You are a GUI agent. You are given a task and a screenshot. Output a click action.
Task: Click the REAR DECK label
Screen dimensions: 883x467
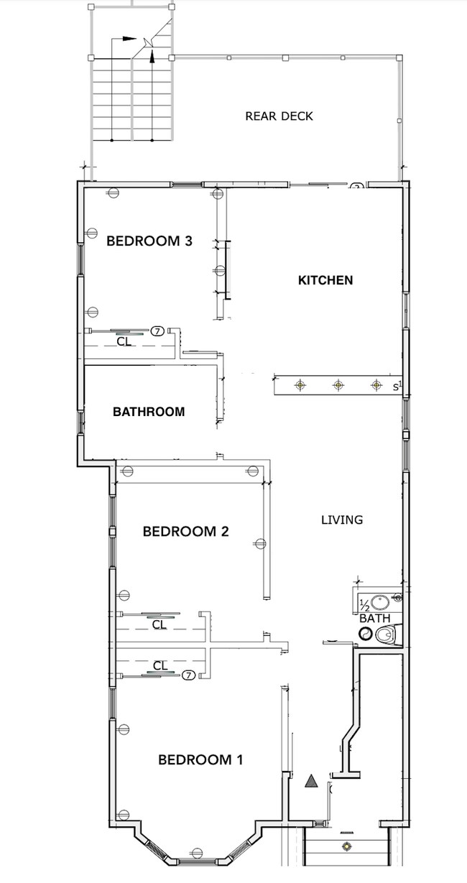pos(279,116)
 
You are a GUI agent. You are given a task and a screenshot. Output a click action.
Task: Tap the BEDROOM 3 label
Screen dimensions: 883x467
pos(149,241)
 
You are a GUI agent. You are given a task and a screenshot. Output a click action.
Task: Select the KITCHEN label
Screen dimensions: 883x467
pos(325,280)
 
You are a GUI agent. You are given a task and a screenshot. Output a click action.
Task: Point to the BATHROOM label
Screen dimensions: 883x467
pos(149,412)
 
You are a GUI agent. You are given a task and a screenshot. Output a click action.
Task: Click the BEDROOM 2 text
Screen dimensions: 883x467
pos(185,532)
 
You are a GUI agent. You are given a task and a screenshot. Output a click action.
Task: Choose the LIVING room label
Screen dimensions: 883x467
pos(342,519)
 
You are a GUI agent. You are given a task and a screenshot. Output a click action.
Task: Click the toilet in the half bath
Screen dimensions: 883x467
pos(386,634)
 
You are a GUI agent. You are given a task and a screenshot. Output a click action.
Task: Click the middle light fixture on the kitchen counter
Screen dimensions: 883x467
pos(338,386)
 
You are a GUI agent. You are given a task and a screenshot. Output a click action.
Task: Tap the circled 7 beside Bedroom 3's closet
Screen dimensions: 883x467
pos(158,330)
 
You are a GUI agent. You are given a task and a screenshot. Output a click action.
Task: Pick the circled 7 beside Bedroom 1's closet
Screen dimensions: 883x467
pos(188,675)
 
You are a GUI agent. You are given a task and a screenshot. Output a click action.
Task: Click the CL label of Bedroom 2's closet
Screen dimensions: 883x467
pos(159,625)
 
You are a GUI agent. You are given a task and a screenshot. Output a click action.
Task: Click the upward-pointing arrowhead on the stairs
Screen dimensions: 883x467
pos(152,56)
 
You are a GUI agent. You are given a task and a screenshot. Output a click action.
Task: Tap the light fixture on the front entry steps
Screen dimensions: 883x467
pos(348,846)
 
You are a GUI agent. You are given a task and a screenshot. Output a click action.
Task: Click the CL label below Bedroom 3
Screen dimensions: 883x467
pos(124,342)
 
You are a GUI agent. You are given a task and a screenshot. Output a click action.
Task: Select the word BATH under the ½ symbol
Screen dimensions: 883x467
pos(375,618)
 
